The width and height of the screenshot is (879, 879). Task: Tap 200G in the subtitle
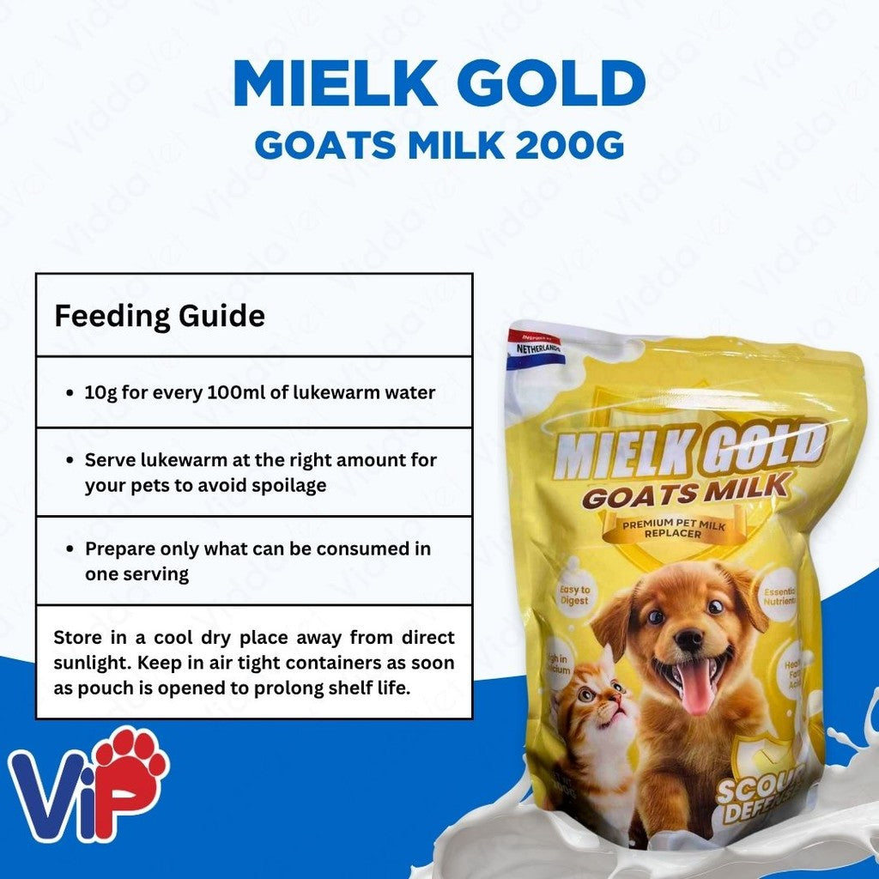click(x=570, y=145)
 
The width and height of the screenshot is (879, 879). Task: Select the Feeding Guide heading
click(x=160, y=316)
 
